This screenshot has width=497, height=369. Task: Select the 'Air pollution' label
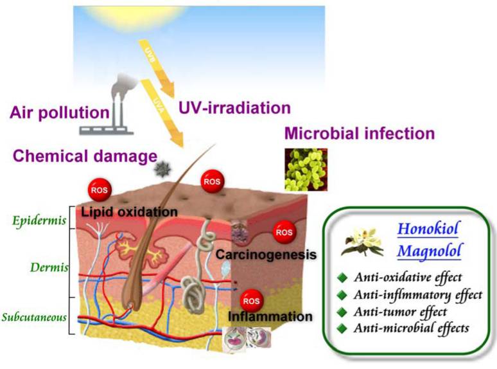[60, 113]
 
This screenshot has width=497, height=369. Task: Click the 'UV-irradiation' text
[234, 108]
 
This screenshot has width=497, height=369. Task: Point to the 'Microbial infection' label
[360, 133]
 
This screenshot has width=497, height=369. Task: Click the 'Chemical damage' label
[85, 156]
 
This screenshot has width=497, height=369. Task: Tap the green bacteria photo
[306, 170]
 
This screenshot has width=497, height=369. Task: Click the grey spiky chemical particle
[162, 168]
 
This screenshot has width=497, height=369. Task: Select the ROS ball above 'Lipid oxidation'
[100, 190]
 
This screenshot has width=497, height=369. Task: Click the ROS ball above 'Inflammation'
[251, 300]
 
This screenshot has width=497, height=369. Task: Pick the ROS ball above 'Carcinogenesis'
[284, 232]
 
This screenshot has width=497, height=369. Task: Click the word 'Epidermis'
[39, 221]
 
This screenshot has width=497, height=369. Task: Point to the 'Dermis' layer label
[49, 267]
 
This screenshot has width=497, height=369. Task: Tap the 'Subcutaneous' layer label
[34, 317]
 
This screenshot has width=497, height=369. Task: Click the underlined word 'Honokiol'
[428, 229]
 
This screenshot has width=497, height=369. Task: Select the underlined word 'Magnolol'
[428, 251]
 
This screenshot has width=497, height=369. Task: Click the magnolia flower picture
[362, 242]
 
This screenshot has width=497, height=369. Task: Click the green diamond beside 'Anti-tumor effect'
[342, 312]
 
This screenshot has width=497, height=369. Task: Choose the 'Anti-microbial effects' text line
[412, 328]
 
